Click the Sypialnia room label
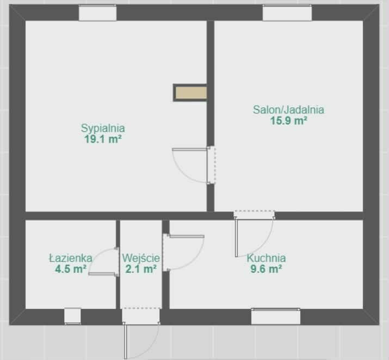tap(103, 129)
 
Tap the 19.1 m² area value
tap(103, 139)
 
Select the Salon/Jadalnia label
tap(288, 109)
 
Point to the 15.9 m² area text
tap(288, 121)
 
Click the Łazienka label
tap(71, 258)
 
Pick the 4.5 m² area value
tap(71, 269)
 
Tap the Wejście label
tap(141, 258)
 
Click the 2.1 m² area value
tap(141, 269)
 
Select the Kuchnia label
tap(266, 258)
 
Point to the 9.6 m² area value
tap(266, 269)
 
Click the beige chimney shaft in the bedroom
tap(190, 93)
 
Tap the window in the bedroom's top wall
tap(97, 13)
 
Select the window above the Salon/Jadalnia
tap(287, 13)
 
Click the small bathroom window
tap(73, 316)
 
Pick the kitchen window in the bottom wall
tap(276, 316)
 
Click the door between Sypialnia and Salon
tap(194, 165)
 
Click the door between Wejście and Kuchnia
tap(183, 252)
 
